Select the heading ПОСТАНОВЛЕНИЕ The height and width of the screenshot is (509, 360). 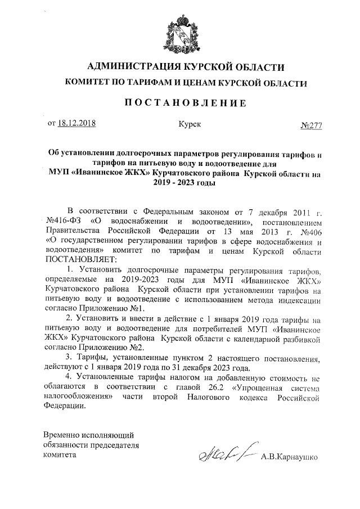coord(185,102)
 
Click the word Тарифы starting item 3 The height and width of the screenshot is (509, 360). coord(93,359)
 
